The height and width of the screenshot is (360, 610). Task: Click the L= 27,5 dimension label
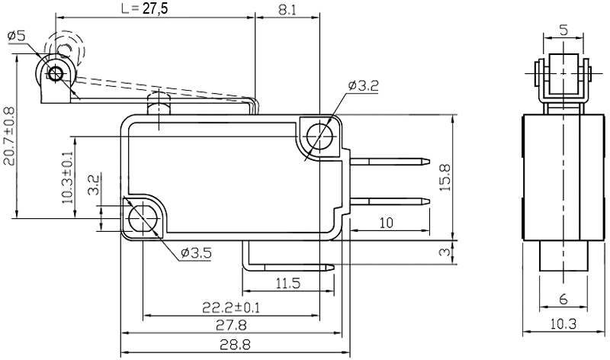[x=145, y=8]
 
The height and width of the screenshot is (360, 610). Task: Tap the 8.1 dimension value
[x=287, y=10]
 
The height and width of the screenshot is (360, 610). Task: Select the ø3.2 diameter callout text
[x=363, y=85]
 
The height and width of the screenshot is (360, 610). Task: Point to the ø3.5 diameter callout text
[x=196, y=253]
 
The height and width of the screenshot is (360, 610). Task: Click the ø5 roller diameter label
[x=16, y=36]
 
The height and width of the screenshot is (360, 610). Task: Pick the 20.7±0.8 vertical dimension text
[x=8, y=137]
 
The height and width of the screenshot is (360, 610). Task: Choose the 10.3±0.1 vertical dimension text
[x=67, y=178]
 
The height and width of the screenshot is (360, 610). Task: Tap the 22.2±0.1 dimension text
[x=231, y=307]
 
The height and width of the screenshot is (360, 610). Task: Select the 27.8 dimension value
[x=232, y=326]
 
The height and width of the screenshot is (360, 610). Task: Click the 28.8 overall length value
[x=235, y=344]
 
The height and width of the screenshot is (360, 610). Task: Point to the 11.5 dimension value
[x=288, y=283]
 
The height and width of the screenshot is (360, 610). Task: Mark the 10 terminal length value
[x=386, y=223]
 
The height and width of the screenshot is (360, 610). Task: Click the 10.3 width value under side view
[x=563, y=323]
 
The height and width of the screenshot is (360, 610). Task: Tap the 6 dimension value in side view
[x=563, y=299]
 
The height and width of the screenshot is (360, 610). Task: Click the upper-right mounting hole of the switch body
[x=320, y=137]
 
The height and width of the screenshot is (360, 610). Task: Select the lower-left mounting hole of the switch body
[x=143, y=217]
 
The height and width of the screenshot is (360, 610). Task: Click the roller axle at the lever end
[x=56, y=72]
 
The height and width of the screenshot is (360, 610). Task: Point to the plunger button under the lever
[x=159, y=102]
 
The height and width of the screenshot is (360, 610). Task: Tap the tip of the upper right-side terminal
[x=429, y=160]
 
